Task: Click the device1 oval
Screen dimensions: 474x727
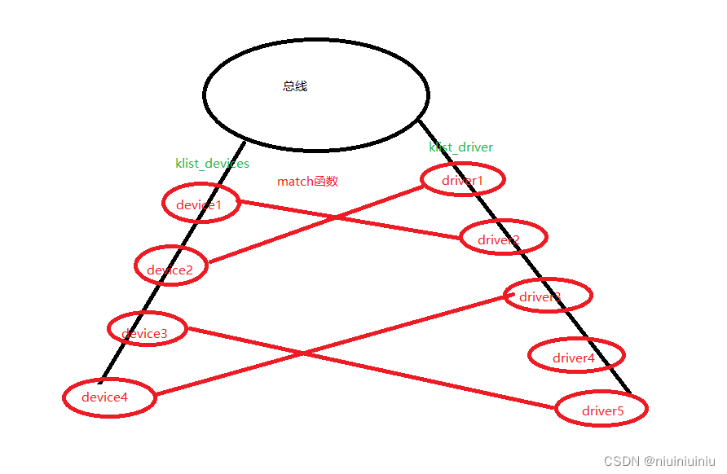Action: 200,204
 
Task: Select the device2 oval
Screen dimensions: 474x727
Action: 170,266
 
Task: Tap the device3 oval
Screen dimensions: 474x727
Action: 147,329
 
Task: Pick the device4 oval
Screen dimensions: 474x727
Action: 108,397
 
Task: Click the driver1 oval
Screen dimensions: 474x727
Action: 462,179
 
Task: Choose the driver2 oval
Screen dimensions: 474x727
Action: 502,237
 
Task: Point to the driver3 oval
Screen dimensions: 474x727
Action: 547,295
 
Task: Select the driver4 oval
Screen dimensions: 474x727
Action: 576,355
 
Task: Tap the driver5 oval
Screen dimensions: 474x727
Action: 601,408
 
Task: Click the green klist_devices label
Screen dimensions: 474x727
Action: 212,163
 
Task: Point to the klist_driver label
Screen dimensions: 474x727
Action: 461,147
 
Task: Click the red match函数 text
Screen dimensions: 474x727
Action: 307,181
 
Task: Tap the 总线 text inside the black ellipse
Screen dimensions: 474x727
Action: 295,86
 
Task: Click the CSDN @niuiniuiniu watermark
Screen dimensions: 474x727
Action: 659,460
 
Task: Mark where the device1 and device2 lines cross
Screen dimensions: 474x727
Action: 335,217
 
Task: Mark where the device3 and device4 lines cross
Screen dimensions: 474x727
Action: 304,353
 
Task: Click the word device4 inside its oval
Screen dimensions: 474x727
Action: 104,397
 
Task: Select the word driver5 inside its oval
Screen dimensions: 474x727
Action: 602,411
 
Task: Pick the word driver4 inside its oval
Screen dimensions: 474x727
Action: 574,358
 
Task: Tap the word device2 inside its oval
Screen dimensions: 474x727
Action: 170,270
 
